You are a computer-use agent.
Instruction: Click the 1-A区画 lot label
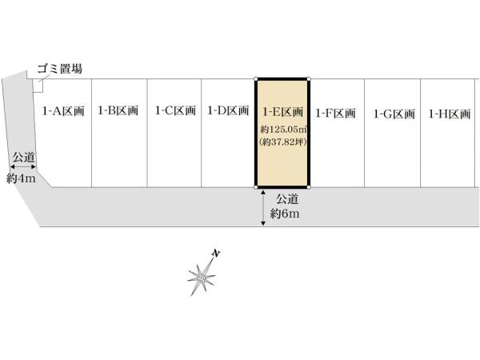click(63, 111)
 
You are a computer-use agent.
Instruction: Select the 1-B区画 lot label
click(118, 110)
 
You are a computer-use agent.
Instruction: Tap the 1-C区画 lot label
click(175, 110)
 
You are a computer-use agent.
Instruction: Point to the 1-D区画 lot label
click(228, 110)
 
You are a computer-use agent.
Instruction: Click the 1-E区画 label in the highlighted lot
click(283, 112)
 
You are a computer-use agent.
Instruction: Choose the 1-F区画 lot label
click(335, 114)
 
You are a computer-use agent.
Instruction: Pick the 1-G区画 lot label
click(394, 114)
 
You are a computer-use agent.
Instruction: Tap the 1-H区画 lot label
click(450, 114)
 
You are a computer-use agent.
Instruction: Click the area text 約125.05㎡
click(283, 129)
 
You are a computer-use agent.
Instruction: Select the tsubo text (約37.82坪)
click(283, 142)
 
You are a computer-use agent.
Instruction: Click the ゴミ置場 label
click(60, 69)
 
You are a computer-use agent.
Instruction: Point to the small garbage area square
click(38, 86)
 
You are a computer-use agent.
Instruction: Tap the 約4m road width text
click(21, 178)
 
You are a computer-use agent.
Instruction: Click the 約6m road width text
click(285, 214)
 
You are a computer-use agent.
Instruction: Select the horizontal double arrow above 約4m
click(23, 166)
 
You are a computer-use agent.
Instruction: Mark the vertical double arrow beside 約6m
click(263, 208)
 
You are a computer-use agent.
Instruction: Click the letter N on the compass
click(216, 254)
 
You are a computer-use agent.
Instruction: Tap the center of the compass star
click(202, 278)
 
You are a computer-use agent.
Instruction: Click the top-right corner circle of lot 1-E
click(309, 79)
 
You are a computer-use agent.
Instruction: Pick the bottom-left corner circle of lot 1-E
click(256, 187)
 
